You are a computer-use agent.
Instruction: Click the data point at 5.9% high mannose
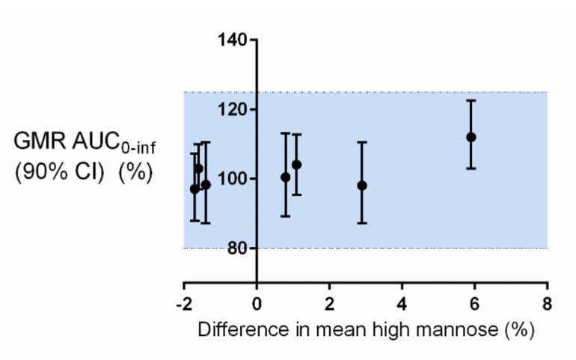tap(471, 137)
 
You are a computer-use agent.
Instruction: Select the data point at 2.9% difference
tap(362, 185)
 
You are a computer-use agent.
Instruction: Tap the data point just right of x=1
tap(297, 165)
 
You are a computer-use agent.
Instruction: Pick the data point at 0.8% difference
tap(285, 177)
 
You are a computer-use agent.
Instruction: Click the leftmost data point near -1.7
tap(194, 189)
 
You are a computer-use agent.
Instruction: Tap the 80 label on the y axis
tap(236, 248)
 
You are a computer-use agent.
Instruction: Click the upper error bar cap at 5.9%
tap(471, 100)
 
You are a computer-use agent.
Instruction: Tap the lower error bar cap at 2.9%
tap(362, 223)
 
